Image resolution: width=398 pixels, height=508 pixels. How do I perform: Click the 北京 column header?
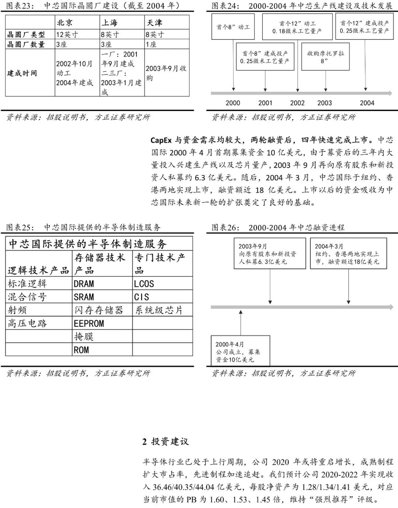[65, 23]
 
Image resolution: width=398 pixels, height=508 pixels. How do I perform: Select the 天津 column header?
[154, 23]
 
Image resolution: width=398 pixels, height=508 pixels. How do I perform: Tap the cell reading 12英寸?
[67, 35]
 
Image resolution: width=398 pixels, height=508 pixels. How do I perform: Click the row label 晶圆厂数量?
[26, 45]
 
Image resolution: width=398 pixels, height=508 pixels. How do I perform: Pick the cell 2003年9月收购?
[166, 73]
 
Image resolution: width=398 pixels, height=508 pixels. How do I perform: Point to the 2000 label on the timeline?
[233, 103]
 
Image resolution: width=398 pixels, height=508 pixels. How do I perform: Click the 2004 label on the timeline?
[367, 103]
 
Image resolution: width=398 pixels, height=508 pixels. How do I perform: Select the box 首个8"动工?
[233, 27]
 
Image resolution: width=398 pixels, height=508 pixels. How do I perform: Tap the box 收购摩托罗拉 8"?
[325, 57]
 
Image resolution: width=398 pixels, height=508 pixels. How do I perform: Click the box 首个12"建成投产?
[364, 27]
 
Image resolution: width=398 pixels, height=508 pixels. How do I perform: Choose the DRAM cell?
[84, 284]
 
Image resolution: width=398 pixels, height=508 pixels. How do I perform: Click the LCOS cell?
[144, 284]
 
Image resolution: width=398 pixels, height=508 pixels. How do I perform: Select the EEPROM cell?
[89, 323]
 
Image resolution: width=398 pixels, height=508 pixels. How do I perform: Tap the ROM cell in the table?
[81, 350]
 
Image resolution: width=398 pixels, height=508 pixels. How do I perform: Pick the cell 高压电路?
[28, 323]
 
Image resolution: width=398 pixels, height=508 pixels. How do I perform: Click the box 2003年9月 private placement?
[270, 253]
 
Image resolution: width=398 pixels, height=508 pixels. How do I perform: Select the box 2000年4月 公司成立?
[240, 351]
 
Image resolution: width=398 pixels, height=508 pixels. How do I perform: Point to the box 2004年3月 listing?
[348, 253]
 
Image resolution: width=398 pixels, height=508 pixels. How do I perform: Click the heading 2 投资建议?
[165, 441]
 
